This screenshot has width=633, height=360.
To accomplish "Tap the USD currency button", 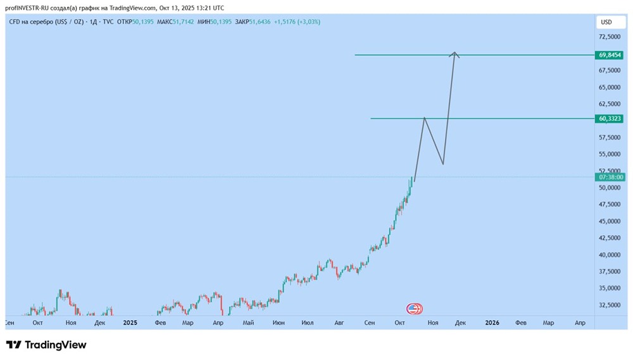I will tap(606, 22).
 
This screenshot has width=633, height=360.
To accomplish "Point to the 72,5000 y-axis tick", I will tap(610, 37).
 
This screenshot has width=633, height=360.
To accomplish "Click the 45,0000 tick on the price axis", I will tap(610, 221).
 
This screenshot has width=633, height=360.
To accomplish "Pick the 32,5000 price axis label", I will tap(610, 305).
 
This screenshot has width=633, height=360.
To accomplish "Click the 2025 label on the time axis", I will tap(130, 323).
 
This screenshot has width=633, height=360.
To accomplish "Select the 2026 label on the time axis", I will tap(492, 323).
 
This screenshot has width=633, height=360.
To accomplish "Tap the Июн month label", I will tap(279, 323).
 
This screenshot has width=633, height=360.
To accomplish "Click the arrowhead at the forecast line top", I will tap(454, 54).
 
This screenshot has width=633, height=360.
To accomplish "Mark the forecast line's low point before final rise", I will tap(442, 164).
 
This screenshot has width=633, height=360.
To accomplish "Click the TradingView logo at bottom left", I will tap(46, 345).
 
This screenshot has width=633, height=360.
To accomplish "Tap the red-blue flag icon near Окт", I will tap(414, 309).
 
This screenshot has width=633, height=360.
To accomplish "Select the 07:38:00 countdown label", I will tap(611, 177).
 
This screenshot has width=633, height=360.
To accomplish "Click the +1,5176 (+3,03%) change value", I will tap(297, 22).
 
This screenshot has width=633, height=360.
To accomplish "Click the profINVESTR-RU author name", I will tap(32, 8).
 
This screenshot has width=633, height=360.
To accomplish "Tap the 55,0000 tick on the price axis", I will tap(610, 154).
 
